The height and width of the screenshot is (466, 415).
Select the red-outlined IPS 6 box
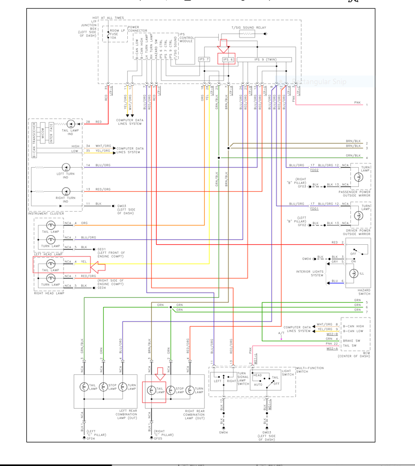[228, 59]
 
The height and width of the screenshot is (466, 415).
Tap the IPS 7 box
[204, 59]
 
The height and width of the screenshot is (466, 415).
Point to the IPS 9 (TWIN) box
[266, 59]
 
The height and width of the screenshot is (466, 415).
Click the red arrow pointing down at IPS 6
[223, 46]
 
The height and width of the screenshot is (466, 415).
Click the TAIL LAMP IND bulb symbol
[70, 124]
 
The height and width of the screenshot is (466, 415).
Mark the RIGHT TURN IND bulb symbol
[66, 191]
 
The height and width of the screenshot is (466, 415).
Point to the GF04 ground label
[91, 438]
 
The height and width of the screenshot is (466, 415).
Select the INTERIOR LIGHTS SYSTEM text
[310, 273]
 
